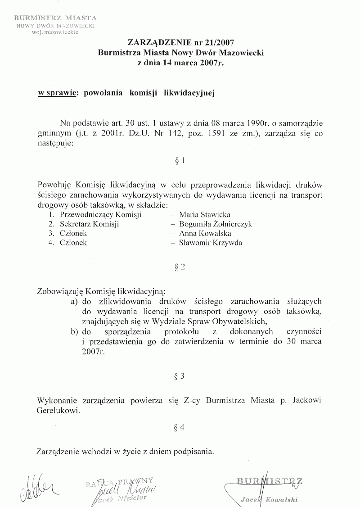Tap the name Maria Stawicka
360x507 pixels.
tap(205, 215)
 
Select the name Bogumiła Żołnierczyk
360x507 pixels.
tap(216, 224)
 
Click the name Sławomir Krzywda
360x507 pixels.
tap(211, 243)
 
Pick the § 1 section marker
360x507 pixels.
tap(180, 161)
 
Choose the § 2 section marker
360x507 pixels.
tap(180, 267)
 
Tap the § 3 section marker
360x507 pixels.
tap(180, 376)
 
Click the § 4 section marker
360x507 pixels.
tap(180, 428)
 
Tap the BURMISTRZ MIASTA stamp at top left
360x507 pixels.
tap(55, 18)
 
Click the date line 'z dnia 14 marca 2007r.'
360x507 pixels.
tap(180, 63)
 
